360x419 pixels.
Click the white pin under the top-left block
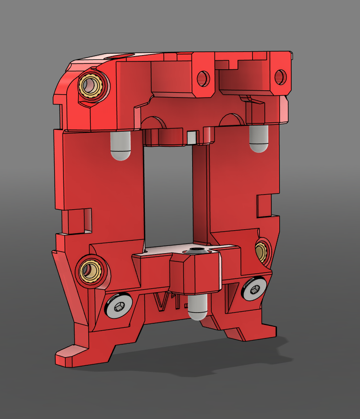pos(120,146)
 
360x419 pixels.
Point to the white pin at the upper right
pos(259,139)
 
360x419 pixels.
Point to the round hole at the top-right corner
pos(280,76)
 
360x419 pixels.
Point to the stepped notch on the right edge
pos(266,205)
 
